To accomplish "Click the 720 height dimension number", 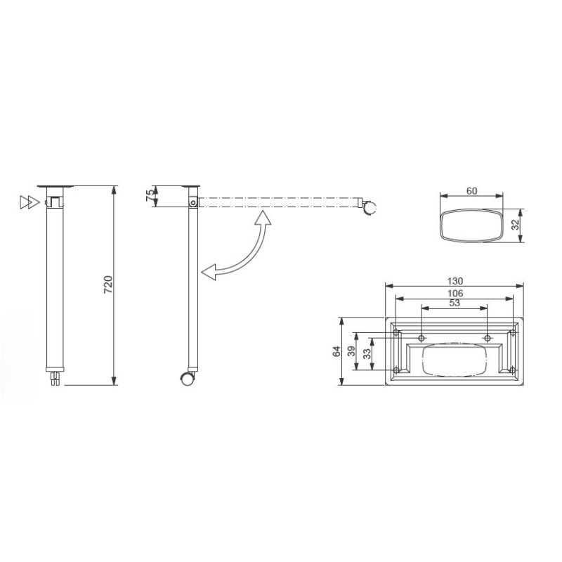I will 108,285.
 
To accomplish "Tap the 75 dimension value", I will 150,196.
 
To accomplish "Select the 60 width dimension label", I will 471,191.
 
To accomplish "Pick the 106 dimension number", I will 455,293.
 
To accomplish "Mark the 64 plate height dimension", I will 336,351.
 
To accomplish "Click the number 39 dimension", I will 351,351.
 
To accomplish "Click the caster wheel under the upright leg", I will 188,378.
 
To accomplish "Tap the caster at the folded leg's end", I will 370,207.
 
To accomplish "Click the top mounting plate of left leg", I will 55,186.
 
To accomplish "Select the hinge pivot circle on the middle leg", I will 192,203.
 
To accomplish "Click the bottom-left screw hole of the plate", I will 397,370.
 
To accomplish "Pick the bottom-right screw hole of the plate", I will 513,370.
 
